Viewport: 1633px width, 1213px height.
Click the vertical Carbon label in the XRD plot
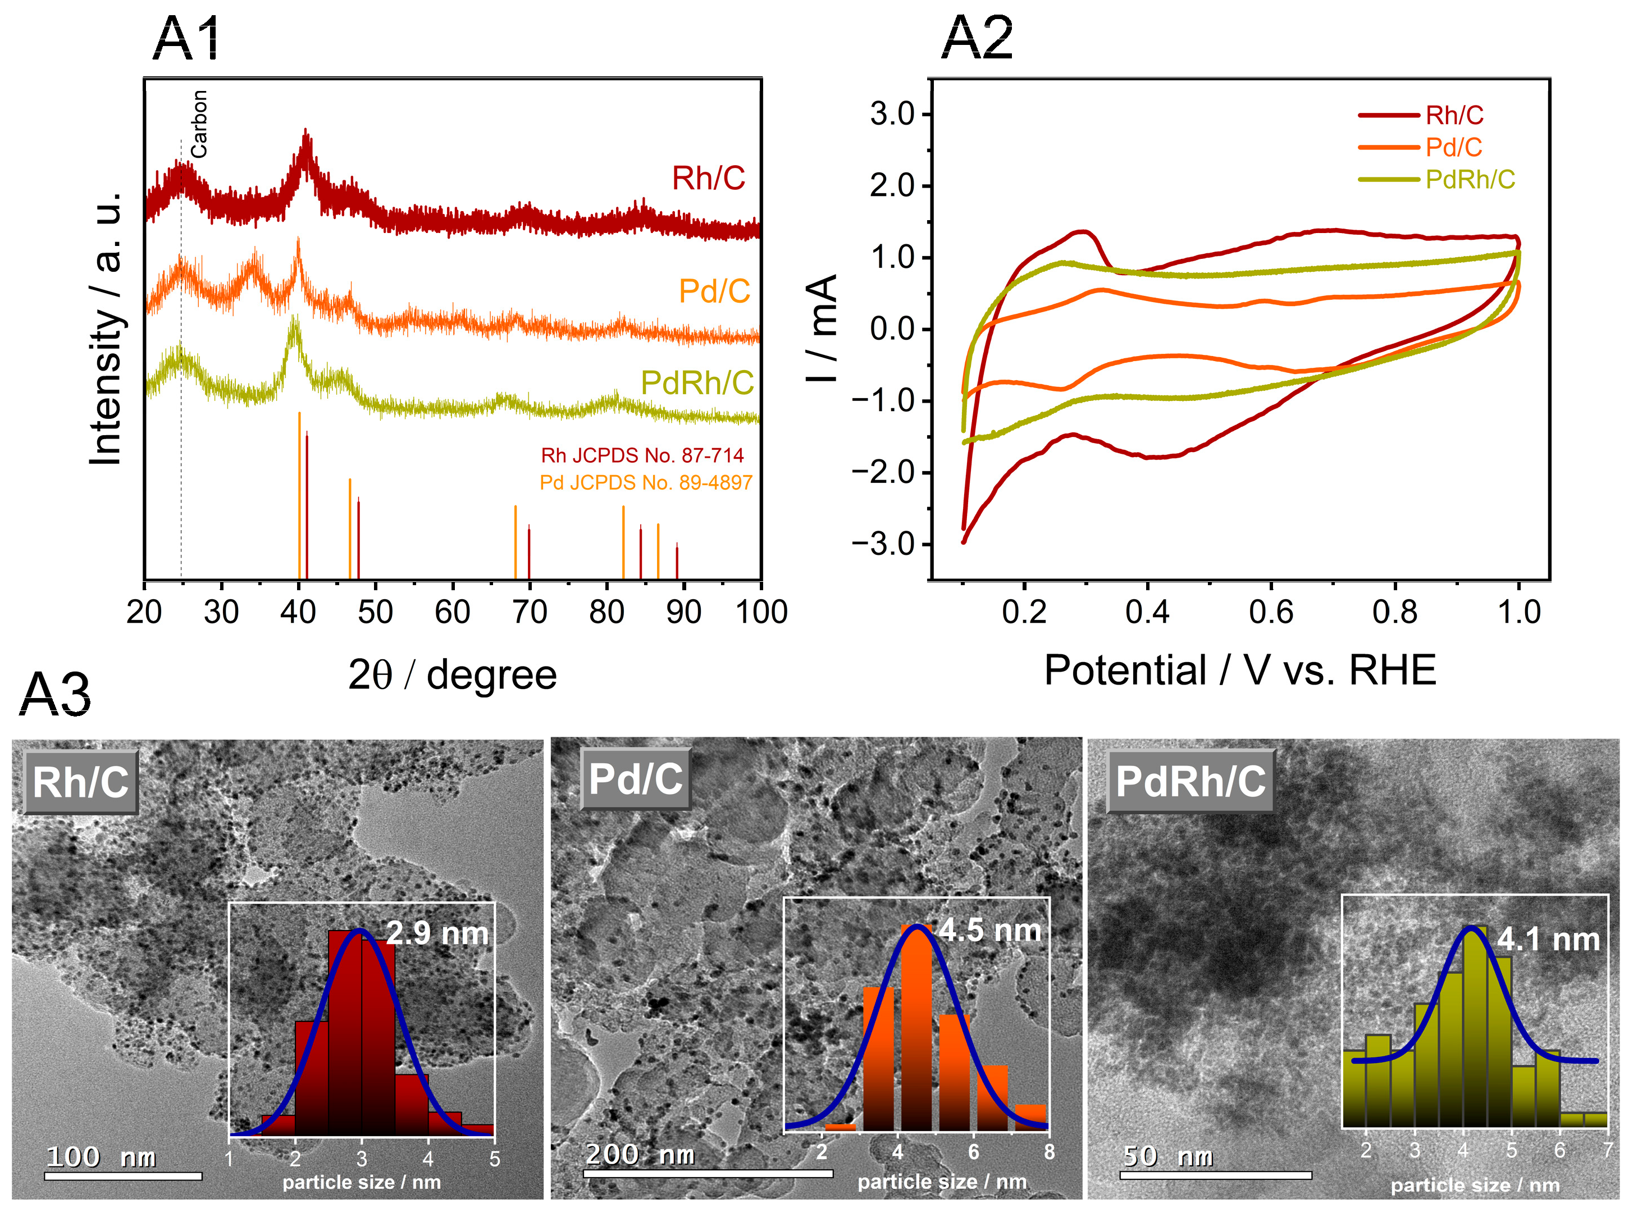(x=199, y=124)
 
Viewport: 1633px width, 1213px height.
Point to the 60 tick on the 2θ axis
(x=452, y=612)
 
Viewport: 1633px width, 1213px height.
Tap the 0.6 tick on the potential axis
(x=1271, y=612)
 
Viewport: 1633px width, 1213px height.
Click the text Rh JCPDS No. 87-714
(x=642, y=456)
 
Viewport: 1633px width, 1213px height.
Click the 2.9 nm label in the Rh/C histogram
(x=437, y=933)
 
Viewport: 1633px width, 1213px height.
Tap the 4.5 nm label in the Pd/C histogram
(x=990, y=931)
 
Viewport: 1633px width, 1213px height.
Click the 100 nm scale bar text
(x=101, y=1157)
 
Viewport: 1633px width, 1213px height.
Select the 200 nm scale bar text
(x=640, y=1155)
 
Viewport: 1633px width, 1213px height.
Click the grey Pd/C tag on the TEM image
(x=636, y=779)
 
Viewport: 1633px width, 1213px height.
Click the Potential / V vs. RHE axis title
(x=1239, y=671)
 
